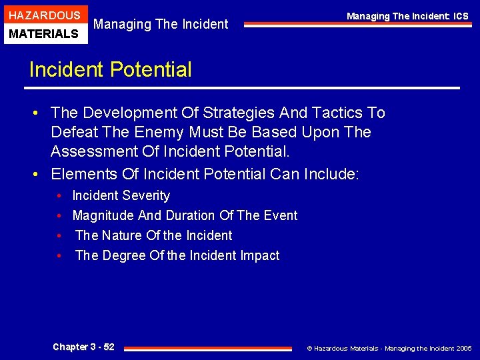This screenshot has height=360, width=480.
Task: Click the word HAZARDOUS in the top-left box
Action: (x=44, y=15)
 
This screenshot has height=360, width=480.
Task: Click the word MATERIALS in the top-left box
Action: (x=44, y=33)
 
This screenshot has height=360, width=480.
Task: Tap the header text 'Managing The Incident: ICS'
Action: (x=407, y=16)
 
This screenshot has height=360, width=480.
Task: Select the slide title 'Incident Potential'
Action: (x=110, y=69)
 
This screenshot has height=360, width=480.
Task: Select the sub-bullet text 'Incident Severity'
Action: (x=121, y=195)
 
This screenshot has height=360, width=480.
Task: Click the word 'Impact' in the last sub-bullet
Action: (x=260, y=255)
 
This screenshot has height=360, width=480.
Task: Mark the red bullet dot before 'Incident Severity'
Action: (x=59, y=196)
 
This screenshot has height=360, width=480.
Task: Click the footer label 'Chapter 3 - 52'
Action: (x=83, y=347)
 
